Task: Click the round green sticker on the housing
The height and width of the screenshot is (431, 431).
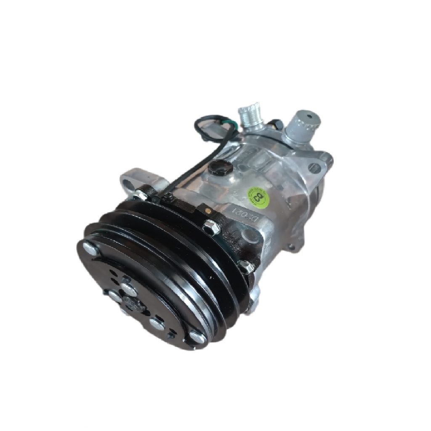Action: [x=257, y=195]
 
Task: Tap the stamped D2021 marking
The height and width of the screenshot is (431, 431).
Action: [x=239, y=215]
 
